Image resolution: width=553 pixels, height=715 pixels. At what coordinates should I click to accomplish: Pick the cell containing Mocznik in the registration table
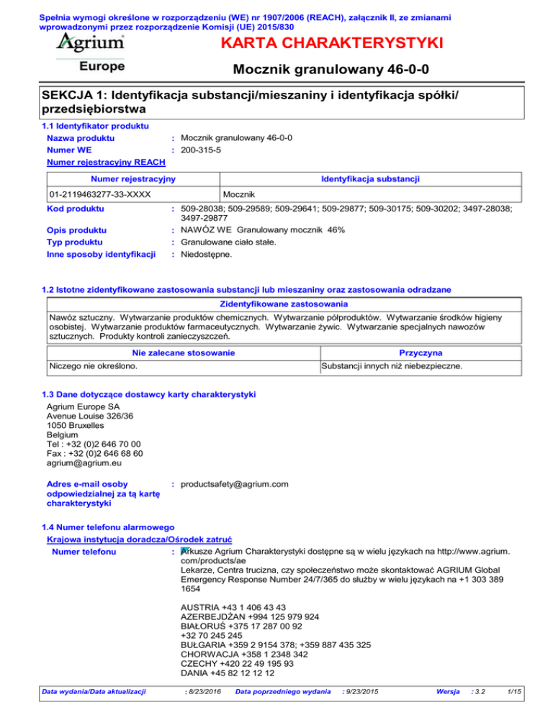[x=237, y=195]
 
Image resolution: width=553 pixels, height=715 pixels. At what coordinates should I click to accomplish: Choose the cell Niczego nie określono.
[x=93, y=366]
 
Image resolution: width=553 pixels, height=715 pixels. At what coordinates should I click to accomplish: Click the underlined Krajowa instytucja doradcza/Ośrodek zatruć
[x=138, y=539]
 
